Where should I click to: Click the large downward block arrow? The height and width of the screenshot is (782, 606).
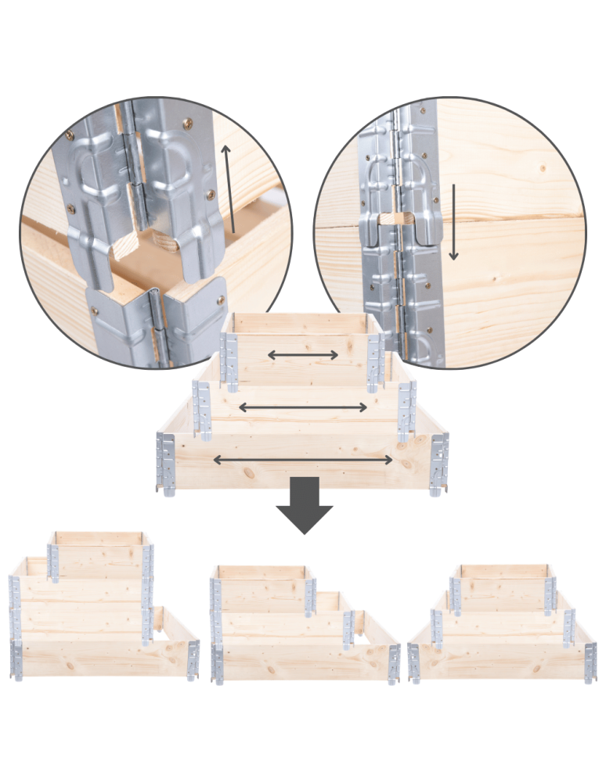[x=304, y=504]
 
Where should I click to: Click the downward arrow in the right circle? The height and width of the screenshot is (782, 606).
[x=453, y=223]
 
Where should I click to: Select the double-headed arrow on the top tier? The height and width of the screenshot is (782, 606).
[x=303, y=355]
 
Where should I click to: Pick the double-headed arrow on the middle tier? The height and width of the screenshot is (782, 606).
[x=302, y=407]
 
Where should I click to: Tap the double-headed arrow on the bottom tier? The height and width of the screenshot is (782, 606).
[x=303, y=460]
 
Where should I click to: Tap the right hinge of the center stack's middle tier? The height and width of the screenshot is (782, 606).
[x=405, y=410]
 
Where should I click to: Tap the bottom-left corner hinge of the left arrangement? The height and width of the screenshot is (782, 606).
[x=16, y=661]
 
